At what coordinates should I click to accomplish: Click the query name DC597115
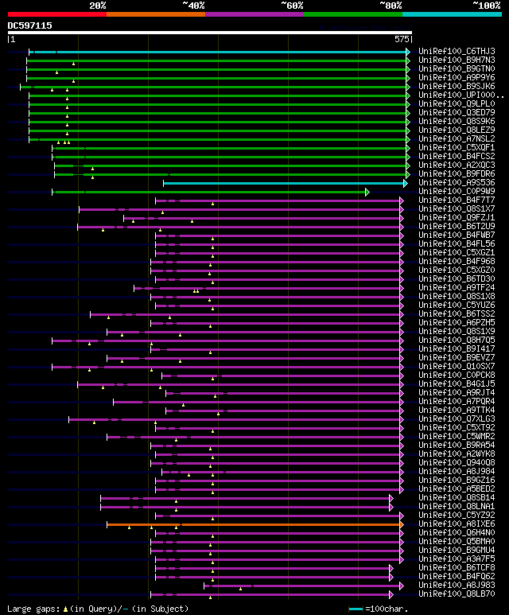pyautogui.click(x=30, y=25)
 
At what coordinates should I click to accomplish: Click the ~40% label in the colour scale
pyautogui.click(x=193, y=6)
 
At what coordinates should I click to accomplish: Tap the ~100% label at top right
pyautogui.click(x=485, y=6)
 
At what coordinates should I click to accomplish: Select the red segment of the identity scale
pyautogui.click(x=56, y=14)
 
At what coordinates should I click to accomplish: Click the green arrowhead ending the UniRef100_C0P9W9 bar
pyautogui.click(x=367, y=192)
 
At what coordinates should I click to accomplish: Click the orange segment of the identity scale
pyautogui.click(x=155, y=14)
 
